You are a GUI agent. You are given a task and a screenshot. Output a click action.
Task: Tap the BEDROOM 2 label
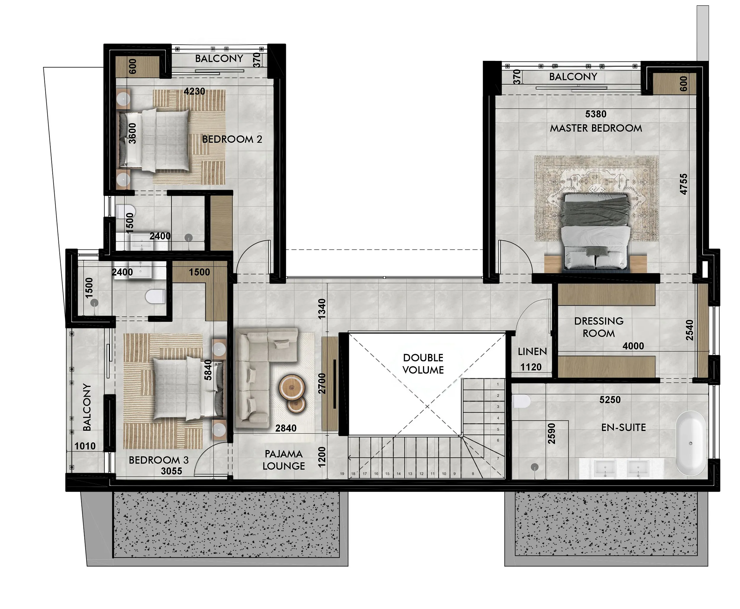[x=232, y=139]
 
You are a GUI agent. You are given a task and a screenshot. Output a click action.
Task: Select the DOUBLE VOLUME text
[x=423, y=364]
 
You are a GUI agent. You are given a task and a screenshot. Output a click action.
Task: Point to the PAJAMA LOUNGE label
[x=284, y=460]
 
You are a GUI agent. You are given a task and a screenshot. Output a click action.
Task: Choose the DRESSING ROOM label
[x=599, y=327]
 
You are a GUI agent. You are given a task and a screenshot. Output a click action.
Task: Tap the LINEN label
[x=532, y=352]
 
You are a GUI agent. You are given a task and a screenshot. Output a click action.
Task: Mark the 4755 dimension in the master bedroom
[x=683, y=184]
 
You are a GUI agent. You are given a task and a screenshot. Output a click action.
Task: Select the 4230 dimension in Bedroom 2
[x=194, y=92]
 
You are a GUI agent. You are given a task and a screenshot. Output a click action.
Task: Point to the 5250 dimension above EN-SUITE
[x=610, y=400]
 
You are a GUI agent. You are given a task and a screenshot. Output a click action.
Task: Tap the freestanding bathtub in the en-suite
[x=691, y=443]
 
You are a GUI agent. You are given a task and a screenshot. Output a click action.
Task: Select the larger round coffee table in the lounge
[x=292, y=387]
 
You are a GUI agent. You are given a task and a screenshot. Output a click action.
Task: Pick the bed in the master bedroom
[x=596, y=232]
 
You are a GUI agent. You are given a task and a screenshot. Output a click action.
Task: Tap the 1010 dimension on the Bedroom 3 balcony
[x=85, y=446]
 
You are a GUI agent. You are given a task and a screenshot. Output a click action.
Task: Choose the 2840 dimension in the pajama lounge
[x=286, y=428]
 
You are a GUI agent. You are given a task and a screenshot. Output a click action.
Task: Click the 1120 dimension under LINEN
[x=531, y=367]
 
